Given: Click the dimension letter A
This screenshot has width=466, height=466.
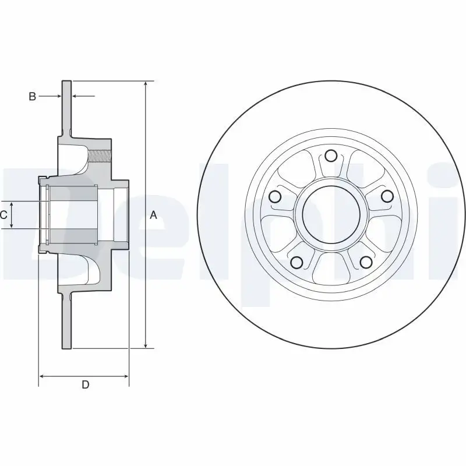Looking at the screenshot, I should tap(154, 215).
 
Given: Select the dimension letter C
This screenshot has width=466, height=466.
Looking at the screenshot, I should tap(3, 215).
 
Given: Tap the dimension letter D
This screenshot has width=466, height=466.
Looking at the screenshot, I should tap(85, 384).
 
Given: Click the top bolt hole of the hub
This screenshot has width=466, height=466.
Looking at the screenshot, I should tap(331, 156).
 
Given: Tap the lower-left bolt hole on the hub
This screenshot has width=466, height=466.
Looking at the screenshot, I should tap(296, 262).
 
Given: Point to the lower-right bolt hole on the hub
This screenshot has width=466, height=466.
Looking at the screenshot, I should tap(365, 262).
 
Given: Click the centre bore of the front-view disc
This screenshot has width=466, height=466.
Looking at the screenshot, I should tap(331, 214).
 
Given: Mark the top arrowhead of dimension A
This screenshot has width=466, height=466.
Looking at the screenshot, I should tap(146, 84).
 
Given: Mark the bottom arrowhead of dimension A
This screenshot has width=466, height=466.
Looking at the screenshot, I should tap(146, 345).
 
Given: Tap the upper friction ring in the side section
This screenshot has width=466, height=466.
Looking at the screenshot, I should tap(66, 105).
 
